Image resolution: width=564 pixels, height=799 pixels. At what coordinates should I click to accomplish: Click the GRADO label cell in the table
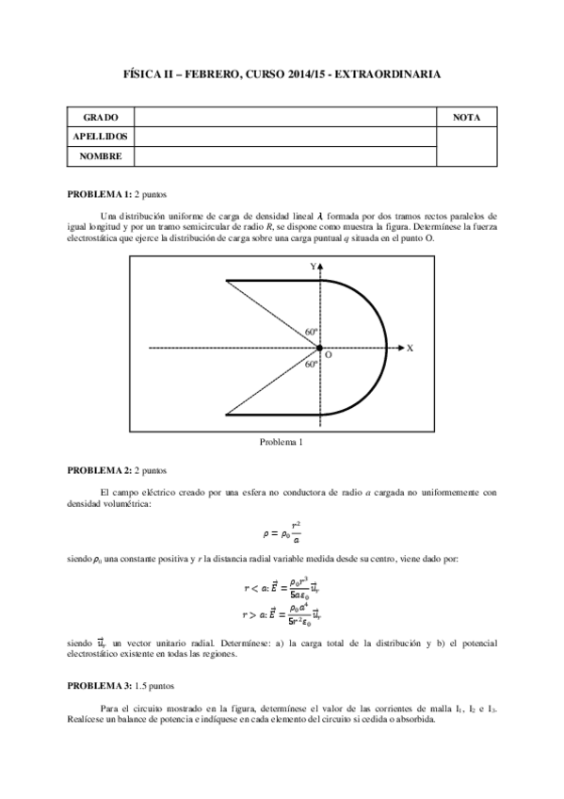(x=100, y=118)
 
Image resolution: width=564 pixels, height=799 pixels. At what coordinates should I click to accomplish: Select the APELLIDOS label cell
(x=100, y=137)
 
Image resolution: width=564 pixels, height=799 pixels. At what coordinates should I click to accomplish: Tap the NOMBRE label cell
(x=100, y=155)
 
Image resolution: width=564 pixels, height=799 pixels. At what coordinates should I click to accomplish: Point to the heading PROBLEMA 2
(x=99, y=468)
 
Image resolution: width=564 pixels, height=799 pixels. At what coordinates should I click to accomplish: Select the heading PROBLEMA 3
(x=99, y=687)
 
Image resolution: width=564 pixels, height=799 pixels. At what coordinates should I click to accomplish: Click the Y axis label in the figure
(x=313, y=268)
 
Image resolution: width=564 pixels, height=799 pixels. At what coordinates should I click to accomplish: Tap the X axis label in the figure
(x=410, y=348)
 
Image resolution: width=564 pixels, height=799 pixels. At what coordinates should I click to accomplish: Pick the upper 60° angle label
(x=312, y=333)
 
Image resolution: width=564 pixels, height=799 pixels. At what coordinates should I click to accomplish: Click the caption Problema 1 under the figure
(x=282, y=441)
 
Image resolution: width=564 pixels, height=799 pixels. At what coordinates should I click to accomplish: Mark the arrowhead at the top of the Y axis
(x=322, y=269)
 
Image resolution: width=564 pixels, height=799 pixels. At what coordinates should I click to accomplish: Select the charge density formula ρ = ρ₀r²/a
(x=282, y=529)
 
